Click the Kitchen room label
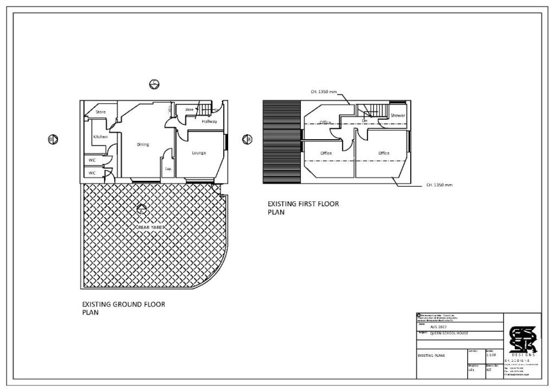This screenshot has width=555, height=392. [100, 137]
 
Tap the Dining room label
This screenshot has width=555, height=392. [143, 145]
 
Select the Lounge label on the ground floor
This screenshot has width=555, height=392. [199, 153]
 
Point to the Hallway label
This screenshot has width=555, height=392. [209, 122]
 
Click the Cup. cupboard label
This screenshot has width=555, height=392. [168, 169]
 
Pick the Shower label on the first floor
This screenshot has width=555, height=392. [398, 115]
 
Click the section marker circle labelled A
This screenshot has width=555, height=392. [142, 208]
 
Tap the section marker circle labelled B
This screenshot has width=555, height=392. [247, 140]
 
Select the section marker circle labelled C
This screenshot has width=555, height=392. [154, 83]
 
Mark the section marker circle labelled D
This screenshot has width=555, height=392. [53, 140]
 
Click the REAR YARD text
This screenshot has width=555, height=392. [150, 227]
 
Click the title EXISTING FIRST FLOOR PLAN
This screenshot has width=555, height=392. [303, 208]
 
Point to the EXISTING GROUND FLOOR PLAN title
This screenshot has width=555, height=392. [123, 308]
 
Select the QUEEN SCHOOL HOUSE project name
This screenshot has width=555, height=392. [449, 334]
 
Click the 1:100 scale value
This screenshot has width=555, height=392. [491, 355]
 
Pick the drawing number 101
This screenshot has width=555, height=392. [471, 370]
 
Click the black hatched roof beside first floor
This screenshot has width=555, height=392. [281, 142]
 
